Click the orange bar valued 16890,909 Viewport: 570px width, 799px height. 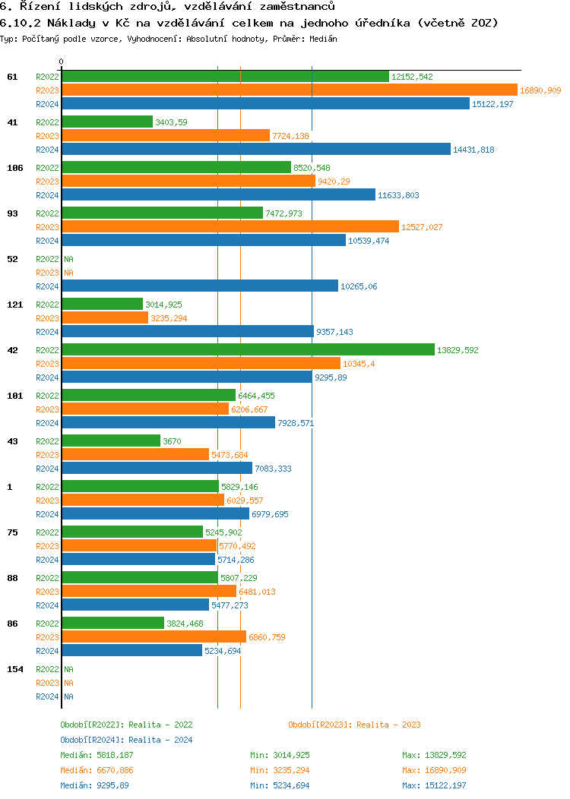(289, 90)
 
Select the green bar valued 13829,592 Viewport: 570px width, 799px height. (248, 350)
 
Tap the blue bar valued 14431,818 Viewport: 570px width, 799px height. (255, 150)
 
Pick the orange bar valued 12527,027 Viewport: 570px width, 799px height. (230, 227)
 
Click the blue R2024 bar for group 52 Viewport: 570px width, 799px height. (199, 286)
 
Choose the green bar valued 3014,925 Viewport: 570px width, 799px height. (102, 305)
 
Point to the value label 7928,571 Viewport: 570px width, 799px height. (296, 423)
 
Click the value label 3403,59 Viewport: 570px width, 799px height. (171, 122)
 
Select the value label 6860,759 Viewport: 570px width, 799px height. (267, 637)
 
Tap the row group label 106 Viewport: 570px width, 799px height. (14, 168)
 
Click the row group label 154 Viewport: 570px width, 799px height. (14, 669)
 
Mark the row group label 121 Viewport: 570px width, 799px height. (14, 305)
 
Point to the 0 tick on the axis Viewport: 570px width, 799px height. (62, 62)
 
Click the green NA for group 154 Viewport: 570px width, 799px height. (68, 669)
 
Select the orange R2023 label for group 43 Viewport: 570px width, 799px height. (47, 455)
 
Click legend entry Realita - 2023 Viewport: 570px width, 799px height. (354, 725)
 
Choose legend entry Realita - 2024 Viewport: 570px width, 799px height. (126, 740)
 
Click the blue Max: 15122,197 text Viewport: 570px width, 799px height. (434, 785)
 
